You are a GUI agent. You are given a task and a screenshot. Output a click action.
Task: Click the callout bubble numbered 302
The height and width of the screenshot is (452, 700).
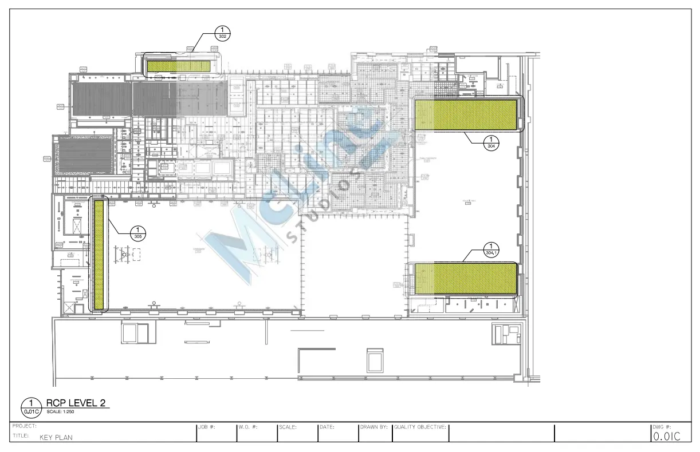[223, 33]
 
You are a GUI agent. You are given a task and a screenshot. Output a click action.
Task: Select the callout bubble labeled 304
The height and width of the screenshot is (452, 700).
[491, 142]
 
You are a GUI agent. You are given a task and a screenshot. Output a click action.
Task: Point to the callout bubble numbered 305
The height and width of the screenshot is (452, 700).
[138, 233]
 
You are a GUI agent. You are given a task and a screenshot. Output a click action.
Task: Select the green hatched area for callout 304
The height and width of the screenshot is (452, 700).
[466, 114]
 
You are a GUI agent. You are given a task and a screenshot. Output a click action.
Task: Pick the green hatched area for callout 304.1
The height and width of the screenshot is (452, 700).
[465, 279]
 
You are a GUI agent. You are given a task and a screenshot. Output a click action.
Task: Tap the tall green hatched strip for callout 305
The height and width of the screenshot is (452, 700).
[100, 255]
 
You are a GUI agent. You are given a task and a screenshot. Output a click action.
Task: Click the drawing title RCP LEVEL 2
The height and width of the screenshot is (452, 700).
[77, 403]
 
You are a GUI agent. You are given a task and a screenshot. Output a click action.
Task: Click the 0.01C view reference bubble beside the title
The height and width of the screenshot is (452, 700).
[31, 406]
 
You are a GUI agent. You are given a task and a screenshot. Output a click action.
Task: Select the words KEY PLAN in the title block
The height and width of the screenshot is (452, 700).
[56, 438]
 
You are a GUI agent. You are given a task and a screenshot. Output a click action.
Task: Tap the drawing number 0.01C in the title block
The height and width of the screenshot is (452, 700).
[667, 437]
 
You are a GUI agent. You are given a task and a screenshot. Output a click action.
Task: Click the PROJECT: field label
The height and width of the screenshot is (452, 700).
[24, 426]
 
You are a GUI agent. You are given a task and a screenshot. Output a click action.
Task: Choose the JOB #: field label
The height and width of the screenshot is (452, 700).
[206, 427]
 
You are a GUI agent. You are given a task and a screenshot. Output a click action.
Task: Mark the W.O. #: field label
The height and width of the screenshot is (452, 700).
[248, 427]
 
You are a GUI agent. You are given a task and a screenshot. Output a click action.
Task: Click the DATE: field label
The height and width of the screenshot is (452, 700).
[327, 427]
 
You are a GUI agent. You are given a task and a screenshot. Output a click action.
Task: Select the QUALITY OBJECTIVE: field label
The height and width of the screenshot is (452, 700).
[420, 427]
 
